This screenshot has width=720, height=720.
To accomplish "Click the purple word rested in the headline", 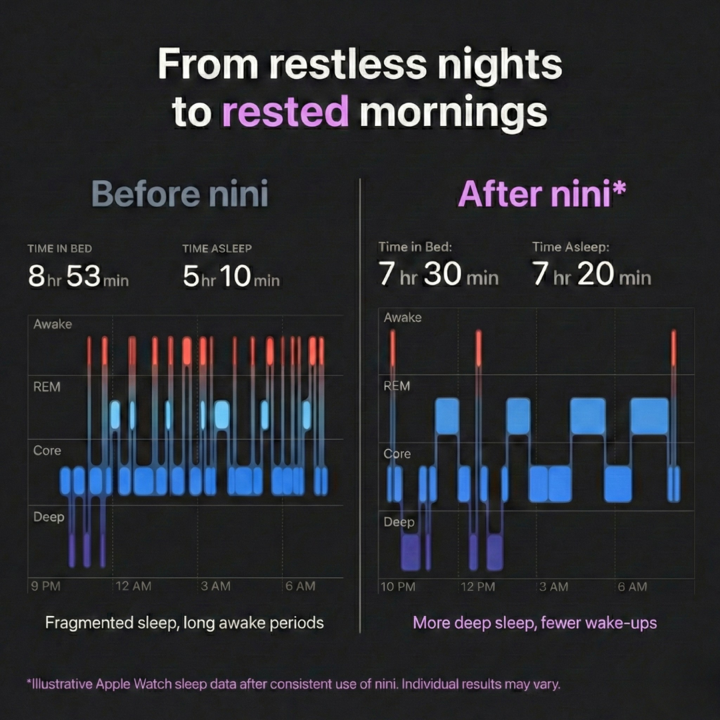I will (285, 111).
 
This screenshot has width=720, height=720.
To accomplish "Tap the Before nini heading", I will (179, 194).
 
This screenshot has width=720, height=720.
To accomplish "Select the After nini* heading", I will (541, 194).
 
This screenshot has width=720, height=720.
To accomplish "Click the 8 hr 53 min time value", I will (78, 276).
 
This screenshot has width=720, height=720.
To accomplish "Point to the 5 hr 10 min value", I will (231, 276).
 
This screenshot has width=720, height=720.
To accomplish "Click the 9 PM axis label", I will (46, 586).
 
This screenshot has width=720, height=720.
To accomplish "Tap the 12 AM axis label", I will (133, 586).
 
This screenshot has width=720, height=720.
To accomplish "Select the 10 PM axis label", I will (399, 587).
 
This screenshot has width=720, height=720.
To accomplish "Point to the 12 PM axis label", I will (478, 587).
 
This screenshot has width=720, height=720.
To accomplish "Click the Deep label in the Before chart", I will (49, 517).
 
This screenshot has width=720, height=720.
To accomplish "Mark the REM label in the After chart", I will (397, 386).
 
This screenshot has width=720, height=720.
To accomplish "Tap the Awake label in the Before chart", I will (53, 325).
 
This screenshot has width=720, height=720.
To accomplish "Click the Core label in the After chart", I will (397, 454).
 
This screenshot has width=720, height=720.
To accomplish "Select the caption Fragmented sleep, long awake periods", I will (184, 623).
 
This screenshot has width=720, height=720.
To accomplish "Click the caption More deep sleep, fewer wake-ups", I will (535, 623).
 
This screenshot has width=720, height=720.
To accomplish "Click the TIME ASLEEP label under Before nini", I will (217, 249).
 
